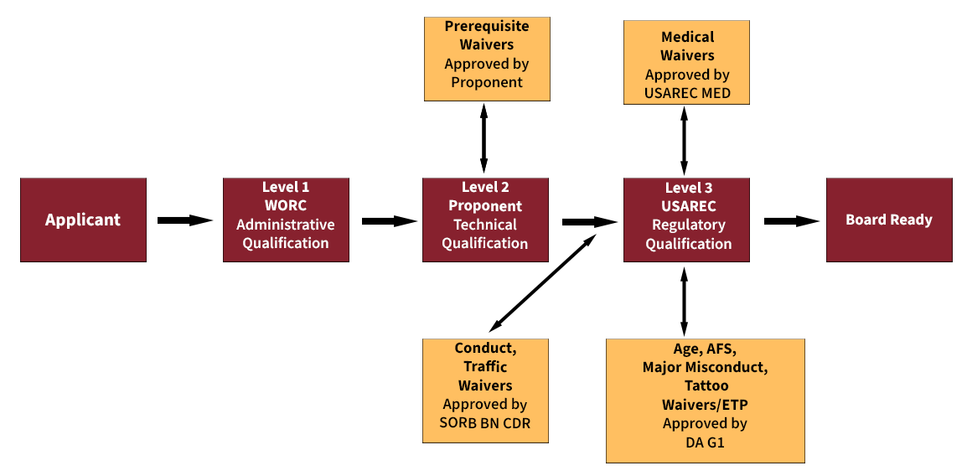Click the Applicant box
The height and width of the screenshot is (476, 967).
[83, 220]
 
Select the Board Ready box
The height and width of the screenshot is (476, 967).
[888, 220]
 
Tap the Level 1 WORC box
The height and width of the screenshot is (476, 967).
[285, 220]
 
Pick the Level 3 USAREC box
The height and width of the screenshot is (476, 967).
[687, 220]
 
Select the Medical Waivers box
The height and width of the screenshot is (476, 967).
[687, 64]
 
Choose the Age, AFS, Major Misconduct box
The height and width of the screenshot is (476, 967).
[705, 400]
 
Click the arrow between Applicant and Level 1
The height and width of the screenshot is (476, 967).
[186, 220]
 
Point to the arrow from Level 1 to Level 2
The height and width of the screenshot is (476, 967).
[388, 221]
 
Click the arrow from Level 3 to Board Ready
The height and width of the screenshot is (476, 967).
[790, 221]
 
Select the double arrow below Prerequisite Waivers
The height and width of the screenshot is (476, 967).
[483, 138]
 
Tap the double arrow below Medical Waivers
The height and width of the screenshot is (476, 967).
[685, 141]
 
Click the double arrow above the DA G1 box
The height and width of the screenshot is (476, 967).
[685, 302]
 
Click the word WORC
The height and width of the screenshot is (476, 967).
[285, 205]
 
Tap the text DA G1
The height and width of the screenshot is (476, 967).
[705, 442]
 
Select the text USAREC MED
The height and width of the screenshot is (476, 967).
[687, 93]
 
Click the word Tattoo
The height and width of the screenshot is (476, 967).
[705, 385]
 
